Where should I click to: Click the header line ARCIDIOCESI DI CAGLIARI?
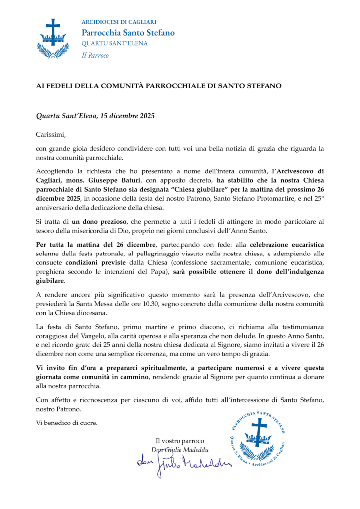[119, 22]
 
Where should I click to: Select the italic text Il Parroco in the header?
[95, 55]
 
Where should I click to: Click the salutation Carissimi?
[51, 134]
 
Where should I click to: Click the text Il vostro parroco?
[180, 441]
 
